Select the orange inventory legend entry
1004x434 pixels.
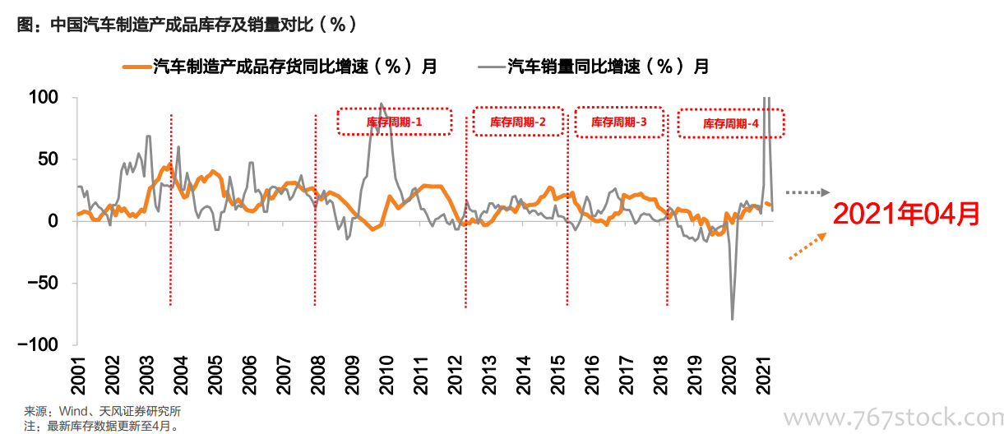[280, 67]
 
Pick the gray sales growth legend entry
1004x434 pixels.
[594, 67]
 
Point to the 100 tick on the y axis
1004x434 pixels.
[44, 97]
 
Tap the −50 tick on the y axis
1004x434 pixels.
[43, 283]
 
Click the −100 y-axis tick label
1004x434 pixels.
[38, 345]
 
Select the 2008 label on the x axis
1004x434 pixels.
[317, 376]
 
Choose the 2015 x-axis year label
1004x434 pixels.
[558, 376]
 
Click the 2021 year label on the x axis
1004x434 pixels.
[763, 376]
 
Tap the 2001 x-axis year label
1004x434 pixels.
[78, 376]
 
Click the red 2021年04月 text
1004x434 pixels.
[906, 214]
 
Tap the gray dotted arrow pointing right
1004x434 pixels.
[807, 192]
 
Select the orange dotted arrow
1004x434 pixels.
[807, 246]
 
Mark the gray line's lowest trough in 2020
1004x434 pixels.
[733, 320]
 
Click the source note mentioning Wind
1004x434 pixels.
[103, 411]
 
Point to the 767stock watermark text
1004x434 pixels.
[893, 418]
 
